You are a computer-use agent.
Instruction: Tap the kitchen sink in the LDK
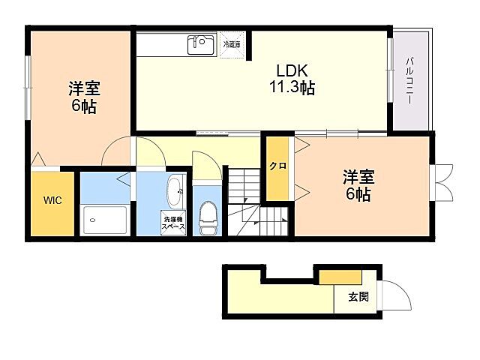coord(201,43)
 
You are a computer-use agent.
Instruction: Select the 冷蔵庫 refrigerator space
coord(232,44)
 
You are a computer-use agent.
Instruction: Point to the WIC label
coord(52,200)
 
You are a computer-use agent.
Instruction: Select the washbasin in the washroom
coord(175,190)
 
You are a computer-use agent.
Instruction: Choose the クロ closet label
coord(277,166)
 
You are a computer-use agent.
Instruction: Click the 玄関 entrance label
coord(358,296)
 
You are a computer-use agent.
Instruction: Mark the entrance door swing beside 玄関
coord(398,297)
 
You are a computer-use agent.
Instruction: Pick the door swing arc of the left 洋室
coord(116,154)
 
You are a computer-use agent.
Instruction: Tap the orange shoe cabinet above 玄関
coord(329,276)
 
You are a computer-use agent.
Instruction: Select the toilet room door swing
coord(205,163)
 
